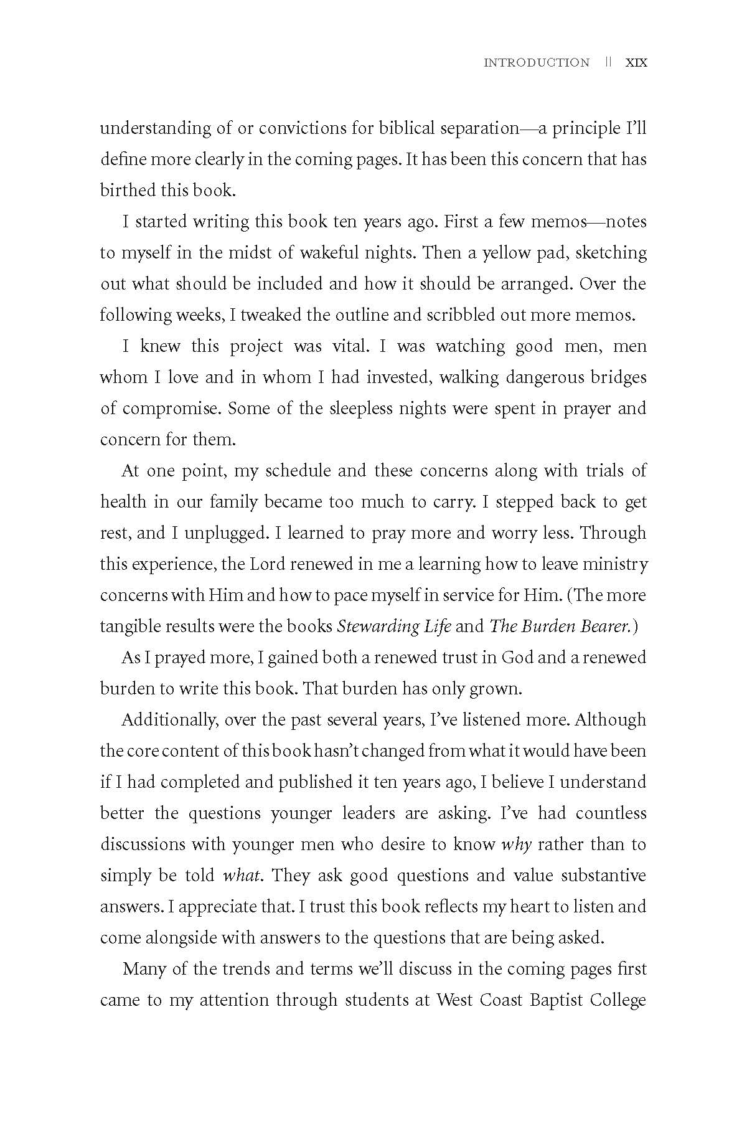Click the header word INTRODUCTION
coord(537,62)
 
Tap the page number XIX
coord(636,62)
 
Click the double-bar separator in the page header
coord(608,62)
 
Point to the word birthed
coord(128,191)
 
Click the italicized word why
coord(516,845)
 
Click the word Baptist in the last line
coord(557,1001)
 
